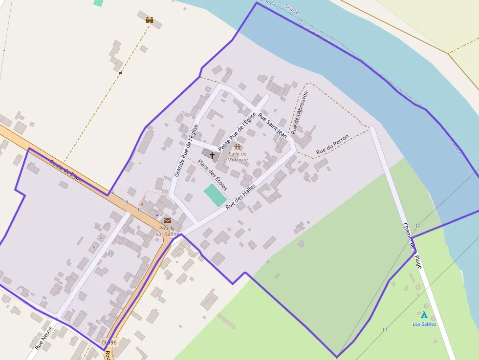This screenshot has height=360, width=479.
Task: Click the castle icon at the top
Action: (150, 20)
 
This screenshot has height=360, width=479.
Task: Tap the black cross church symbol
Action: (212, 156)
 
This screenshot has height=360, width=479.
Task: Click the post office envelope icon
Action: (168, 220)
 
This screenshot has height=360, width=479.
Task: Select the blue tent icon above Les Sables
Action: (424, 315)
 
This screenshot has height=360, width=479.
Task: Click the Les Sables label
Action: (424, 324)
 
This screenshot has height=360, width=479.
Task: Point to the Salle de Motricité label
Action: (238, 157)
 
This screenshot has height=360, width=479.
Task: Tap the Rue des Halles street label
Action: (240, 200)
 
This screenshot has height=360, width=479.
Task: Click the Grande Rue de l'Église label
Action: (186, 150)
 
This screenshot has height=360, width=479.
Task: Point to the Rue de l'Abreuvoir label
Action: (300, 113)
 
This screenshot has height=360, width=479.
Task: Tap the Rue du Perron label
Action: (332, 145)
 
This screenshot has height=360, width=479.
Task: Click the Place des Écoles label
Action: (212, 174)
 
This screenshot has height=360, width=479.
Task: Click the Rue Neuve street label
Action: (44, 338)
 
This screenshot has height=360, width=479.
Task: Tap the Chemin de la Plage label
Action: (412, 245)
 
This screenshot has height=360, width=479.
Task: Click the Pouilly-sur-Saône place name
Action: (168, 231)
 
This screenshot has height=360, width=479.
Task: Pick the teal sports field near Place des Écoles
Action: (215, 195)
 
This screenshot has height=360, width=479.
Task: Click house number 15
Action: (110, 254)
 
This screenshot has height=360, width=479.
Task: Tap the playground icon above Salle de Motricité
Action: (238, 147)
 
